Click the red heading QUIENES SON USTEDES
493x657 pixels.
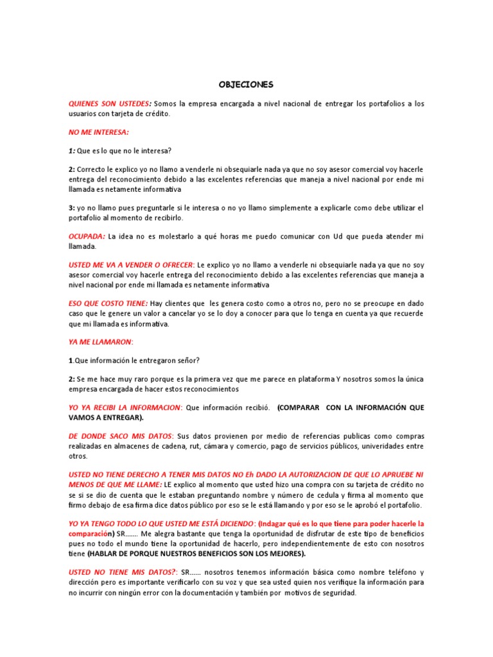click(x=109, y=103)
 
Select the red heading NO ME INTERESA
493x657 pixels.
click(x=99, y=132)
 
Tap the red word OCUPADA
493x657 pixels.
click(x=87, y=237)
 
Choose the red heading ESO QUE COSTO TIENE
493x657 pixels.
click(x=108, y=303)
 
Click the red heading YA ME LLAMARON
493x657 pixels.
click(x=100, y=341)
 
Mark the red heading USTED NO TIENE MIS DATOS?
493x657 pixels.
click(x=122, y=572)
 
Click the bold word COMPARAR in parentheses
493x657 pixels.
click(x=299, y=407)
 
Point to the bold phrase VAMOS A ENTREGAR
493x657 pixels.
click(x=105, y=417)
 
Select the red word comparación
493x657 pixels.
click(x=88, y=534)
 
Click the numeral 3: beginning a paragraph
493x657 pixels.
click(x=72, y=208)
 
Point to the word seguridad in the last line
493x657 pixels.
click(x=338, y=593)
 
